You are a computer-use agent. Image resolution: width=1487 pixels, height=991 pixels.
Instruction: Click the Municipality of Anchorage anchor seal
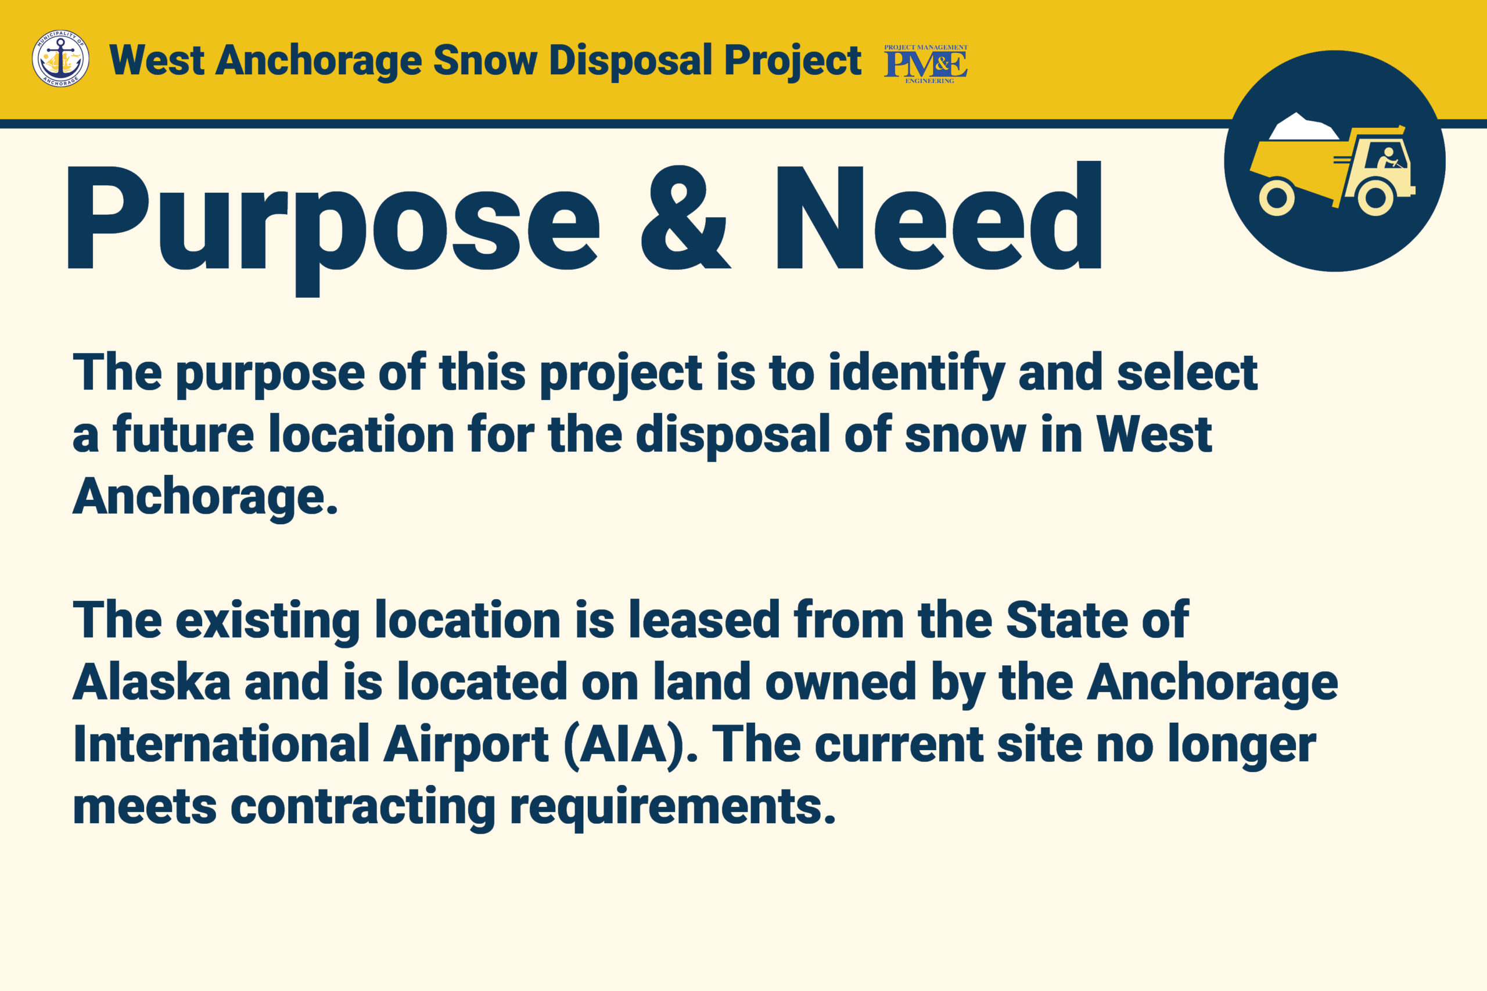(60, 59)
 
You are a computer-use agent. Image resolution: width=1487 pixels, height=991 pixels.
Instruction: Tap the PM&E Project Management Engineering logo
(925, 64)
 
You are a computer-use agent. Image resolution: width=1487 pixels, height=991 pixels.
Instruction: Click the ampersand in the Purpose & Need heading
(686, 217)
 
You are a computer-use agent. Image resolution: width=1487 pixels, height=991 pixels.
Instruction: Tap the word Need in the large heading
(939, 215)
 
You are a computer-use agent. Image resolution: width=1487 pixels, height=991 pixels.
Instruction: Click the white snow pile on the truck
(1303, 127)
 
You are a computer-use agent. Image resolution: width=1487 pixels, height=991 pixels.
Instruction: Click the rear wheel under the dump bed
(1277, 197)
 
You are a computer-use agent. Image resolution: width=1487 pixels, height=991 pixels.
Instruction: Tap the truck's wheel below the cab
(1375, 197)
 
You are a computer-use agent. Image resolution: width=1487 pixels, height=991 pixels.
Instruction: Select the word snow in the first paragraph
(965, 436)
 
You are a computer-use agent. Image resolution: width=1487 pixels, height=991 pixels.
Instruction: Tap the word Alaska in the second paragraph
(152, 682)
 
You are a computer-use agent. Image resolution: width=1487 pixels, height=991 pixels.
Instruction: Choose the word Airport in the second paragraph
(466, 747)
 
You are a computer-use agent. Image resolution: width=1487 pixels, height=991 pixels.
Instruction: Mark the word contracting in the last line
(363, 808)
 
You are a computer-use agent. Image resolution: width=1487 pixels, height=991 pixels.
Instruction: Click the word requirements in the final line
(673, 808)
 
